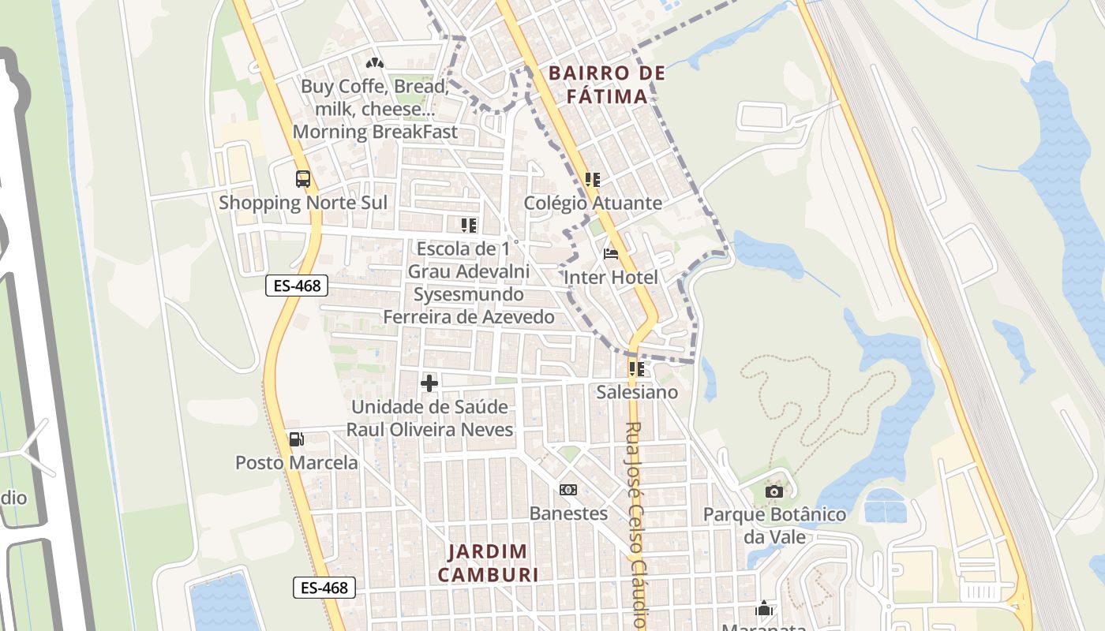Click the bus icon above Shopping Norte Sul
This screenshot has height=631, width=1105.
(x=303, y=179)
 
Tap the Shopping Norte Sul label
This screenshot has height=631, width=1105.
(x=303, y=203)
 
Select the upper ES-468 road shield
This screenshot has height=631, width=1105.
(x=297, y=286)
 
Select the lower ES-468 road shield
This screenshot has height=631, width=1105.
(x=324, y=588)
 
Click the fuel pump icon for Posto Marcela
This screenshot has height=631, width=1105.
(x=296, y=439)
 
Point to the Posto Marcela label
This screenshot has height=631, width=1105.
(x=296, y=462)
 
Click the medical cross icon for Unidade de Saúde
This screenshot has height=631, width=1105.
(x=429, y=383)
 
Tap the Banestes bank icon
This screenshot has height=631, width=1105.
(x=567, y=490)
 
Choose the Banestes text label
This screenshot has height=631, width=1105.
(x=568, y=513)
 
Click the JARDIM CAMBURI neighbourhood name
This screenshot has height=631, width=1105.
(x=489, y=563)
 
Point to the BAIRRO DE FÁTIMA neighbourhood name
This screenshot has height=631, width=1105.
(x=607, y=85)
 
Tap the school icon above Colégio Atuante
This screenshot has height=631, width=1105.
(x=593, y=180)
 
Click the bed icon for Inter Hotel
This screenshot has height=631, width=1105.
(x=610, y=254)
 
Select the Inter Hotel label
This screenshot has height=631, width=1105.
(x=610, y=278)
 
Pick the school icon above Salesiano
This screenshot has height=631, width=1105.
(x=637, y=368)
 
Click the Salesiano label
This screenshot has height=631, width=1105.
(x=637, y=392)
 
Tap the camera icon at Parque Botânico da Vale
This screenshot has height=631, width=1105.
(x=773, y=492)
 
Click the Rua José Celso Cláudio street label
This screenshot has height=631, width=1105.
(x=636, y=525)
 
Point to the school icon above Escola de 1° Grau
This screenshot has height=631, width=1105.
(x=469, y=226)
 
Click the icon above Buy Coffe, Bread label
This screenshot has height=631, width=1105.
(x=374, y=62)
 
